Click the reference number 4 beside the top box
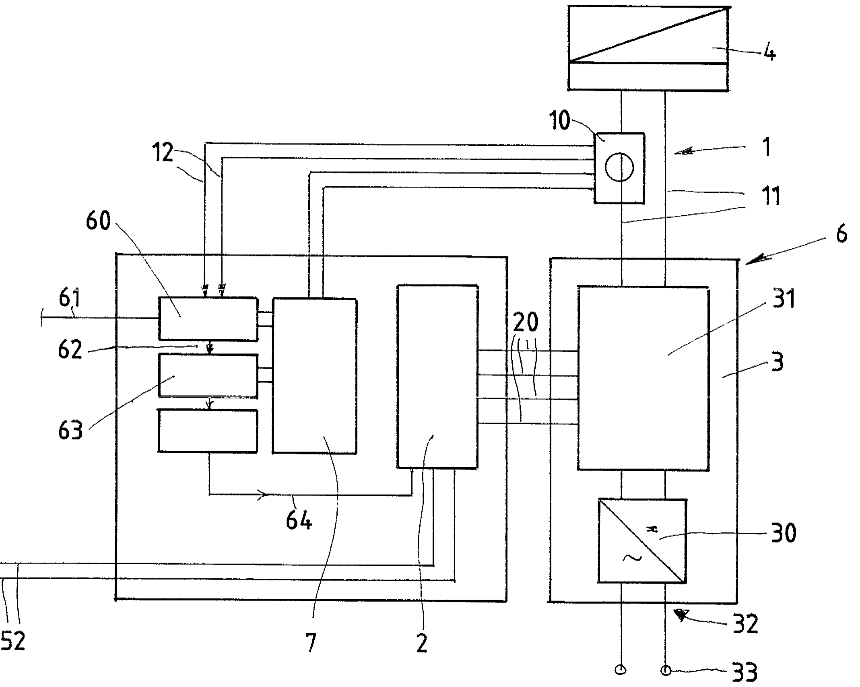(769, 53)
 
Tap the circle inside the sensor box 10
(619, 167)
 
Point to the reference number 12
(163, 153)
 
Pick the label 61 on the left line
(70, 299)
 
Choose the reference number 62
(70, 349)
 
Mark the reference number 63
(70, 430)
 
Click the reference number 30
(784, 533)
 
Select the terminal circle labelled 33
(666, 670)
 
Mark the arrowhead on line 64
(263, 495)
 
